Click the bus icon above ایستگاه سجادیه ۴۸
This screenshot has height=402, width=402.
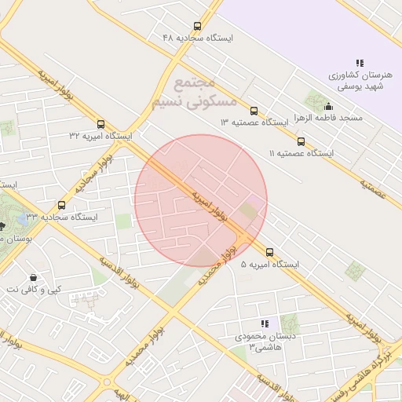point(196,25)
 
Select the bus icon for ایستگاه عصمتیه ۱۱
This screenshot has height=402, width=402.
point(301,141)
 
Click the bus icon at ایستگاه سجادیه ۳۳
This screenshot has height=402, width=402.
point(62,205)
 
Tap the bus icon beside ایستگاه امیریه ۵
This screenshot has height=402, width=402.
point(269,252)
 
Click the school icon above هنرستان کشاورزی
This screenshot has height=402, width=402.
point(360,63)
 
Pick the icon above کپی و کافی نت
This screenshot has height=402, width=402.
point(32,277)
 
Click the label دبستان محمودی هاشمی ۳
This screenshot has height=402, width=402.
point(265,341)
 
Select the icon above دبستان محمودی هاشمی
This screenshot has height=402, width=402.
point(265,323)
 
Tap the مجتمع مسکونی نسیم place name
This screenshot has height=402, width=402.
point(183,91)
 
